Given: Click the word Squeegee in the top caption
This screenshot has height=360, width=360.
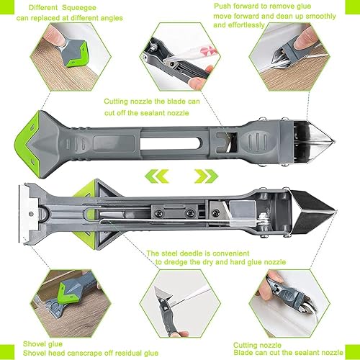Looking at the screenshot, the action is pyautogui.click(x=79, y=8).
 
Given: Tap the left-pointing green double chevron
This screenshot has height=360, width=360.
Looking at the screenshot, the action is pyautogui.click(x=157, y=176).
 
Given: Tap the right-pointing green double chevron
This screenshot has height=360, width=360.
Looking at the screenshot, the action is pyautogui.click(x=206, y=176).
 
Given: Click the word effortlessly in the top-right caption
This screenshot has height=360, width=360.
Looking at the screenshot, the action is pyautogui.click(x=246, y=25).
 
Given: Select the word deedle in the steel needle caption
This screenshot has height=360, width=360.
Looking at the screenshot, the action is pyautogui.click(x=192, y=253).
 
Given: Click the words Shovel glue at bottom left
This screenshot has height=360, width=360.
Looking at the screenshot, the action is pyautogui.click(x=42, y=344).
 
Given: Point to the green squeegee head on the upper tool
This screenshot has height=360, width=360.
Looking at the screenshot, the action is pyautogui.click(x=26, y=144).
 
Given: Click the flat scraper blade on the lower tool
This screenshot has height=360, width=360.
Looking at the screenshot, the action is pyautogui.click(x=27, y=214).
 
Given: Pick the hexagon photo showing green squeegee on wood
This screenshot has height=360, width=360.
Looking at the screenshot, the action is pyautogui.click(x=71, y=57).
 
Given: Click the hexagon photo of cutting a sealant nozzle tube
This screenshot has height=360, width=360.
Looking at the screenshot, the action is pyautogui.click(x=180, y=57).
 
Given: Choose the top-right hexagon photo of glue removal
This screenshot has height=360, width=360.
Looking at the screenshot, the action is pyautogui.click(x=289, y=57).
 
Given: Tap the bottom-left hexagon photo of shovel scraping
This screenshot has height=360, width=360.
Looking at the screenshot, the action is pyautogui.click(x=71, y=304).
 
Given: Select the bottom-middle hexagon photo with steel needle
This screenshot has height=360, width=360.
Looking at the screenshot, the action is pyautogui.click(x=180, y=304).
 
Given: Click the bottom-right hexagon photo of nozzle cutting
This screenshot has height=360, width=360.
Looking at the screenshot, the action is pyautogui.click(x=289, y=304).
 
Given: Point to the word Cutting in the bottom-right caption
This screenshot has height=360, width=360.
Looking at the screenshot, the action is pyautogui.click(x=245, y=346).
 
